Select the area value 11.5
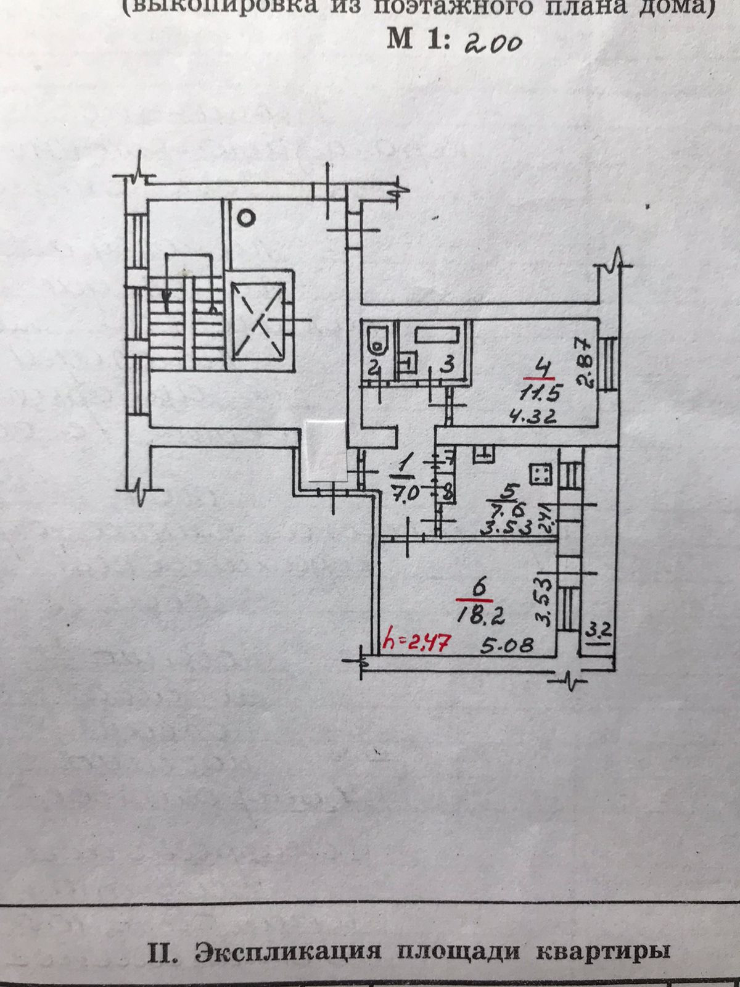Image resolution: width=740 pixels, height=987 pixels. click(538, 393)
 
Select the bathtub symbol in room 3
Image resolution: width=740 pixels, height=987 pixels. click(437, 336)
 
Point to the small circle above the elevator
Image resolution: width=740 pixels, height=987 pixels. click(246, 217)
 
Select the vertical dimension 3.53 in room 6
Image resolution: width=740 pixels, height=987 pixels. click(543, 599)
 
